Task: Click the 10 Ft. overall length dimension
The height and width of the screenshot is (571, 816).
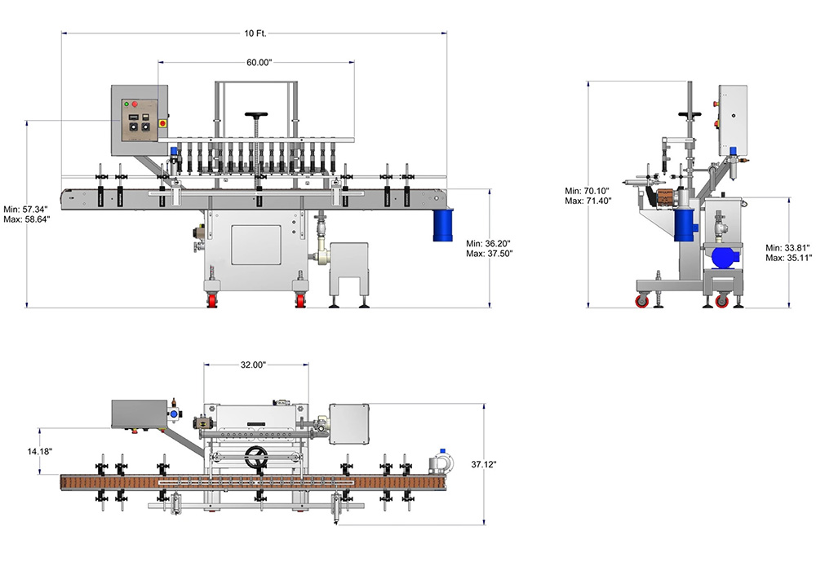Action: click(x=255, y=33)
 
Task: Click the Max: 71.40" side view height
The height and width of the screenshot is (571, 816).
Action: click(x=588, y=200)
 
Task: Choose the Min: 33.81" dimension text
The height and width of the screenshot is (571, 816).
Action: click(x=789, y=247)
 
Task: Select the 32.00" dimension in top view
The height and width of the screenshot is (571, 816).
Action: click(x=255, y=365)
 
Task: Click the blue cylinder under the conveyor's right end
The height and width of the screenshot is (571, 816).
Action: click(x=443, y=224)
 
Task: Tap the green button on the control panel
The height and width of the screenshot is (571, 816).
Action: click(x=126, y=104)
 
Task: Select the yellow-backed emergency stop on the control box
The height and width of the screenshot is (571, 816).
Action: click(x=162, y=122)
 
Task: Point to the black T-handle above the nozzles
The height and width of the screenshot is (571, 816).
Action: click(x=259, y=115)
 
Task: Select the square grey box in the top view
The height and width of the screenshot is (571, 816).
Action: click(x=350, y=423)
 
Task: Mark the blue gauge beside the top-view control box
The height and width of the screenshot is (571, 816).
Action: click(x=174, y=414)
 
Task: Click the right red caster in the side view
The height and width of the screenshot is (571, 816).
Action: click(x=721, y=302)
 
